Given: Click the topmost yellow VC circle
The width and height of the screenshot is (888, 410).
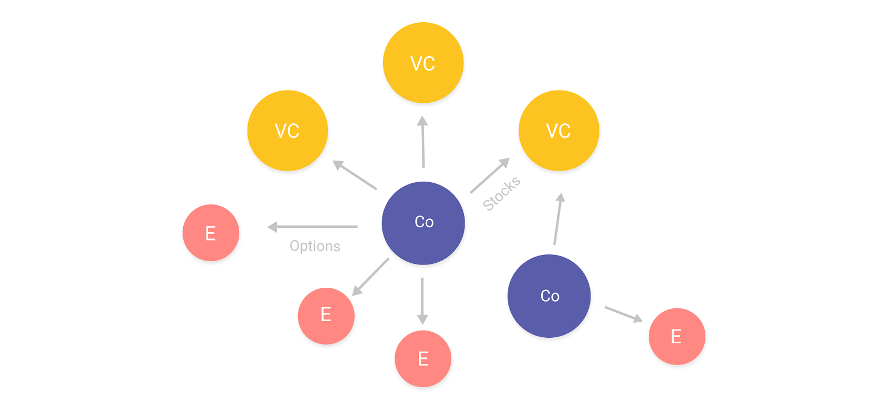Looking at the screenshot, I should [x=423, y=63].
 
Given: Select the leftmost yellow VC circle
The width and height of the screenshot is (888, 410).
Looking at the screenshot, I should [x=287, y=131].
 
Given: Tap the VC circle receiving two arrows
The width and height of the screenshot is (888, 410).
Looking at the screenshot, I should [x=558, y=131].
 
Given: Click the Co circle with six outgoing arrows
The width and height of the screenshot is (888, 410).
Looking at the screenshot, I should [x=423, y=223].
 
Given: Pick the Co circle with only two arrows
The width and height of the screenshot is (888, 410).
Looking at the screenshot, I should [x=549, y=296].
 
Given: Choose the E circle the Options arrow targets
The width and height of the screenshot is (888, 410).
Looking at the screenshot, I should [x=211, y=233].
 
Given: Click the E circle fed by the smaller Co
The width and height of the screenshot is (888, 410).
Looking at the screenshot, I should [x=677, y=336].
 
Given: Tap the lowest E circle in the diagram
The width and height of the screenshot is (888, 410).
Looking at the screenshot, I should [x=423, y=358].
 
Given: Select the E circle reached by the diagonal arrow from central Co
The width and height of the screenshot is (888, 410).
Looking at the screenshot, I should [x=326, y=316].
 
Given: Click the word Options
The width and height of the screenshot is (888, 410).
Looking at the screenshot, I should [x=315, y=246].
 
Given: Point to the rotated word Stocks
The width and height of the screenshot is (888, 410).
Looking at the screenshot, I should [x=502, y=193].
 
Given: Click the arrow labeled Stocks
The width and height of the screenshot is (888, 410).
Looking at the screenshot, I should [x=489, y=176].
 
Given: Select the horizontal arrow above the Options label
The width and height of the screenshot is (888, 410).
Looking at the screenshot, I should [x=312, y=227].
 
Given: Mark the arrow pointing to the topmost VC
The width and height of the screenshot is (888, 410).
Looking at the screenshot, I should [x=423, y=142].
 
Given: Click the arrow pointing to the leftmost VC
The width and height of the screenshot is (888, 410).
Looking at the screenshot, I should [x=355, y=175].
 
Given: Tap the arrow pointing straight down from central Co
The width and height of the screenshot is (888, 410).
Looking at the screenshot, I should [x=422, y=301].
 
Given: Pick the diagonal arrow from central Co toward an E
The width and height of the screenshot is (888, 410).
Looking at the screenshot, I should [x=371, y=277].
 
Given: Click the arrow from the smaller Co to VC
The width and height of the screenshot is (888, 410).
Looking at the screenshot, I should [x=558, y=219].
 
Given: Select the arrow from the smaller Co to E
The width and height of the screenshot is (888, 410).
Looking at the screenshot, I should [x=623, y=314].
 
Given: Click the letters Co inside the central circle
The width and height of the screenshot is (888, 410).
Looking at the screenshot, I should [x=424, y=222].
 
